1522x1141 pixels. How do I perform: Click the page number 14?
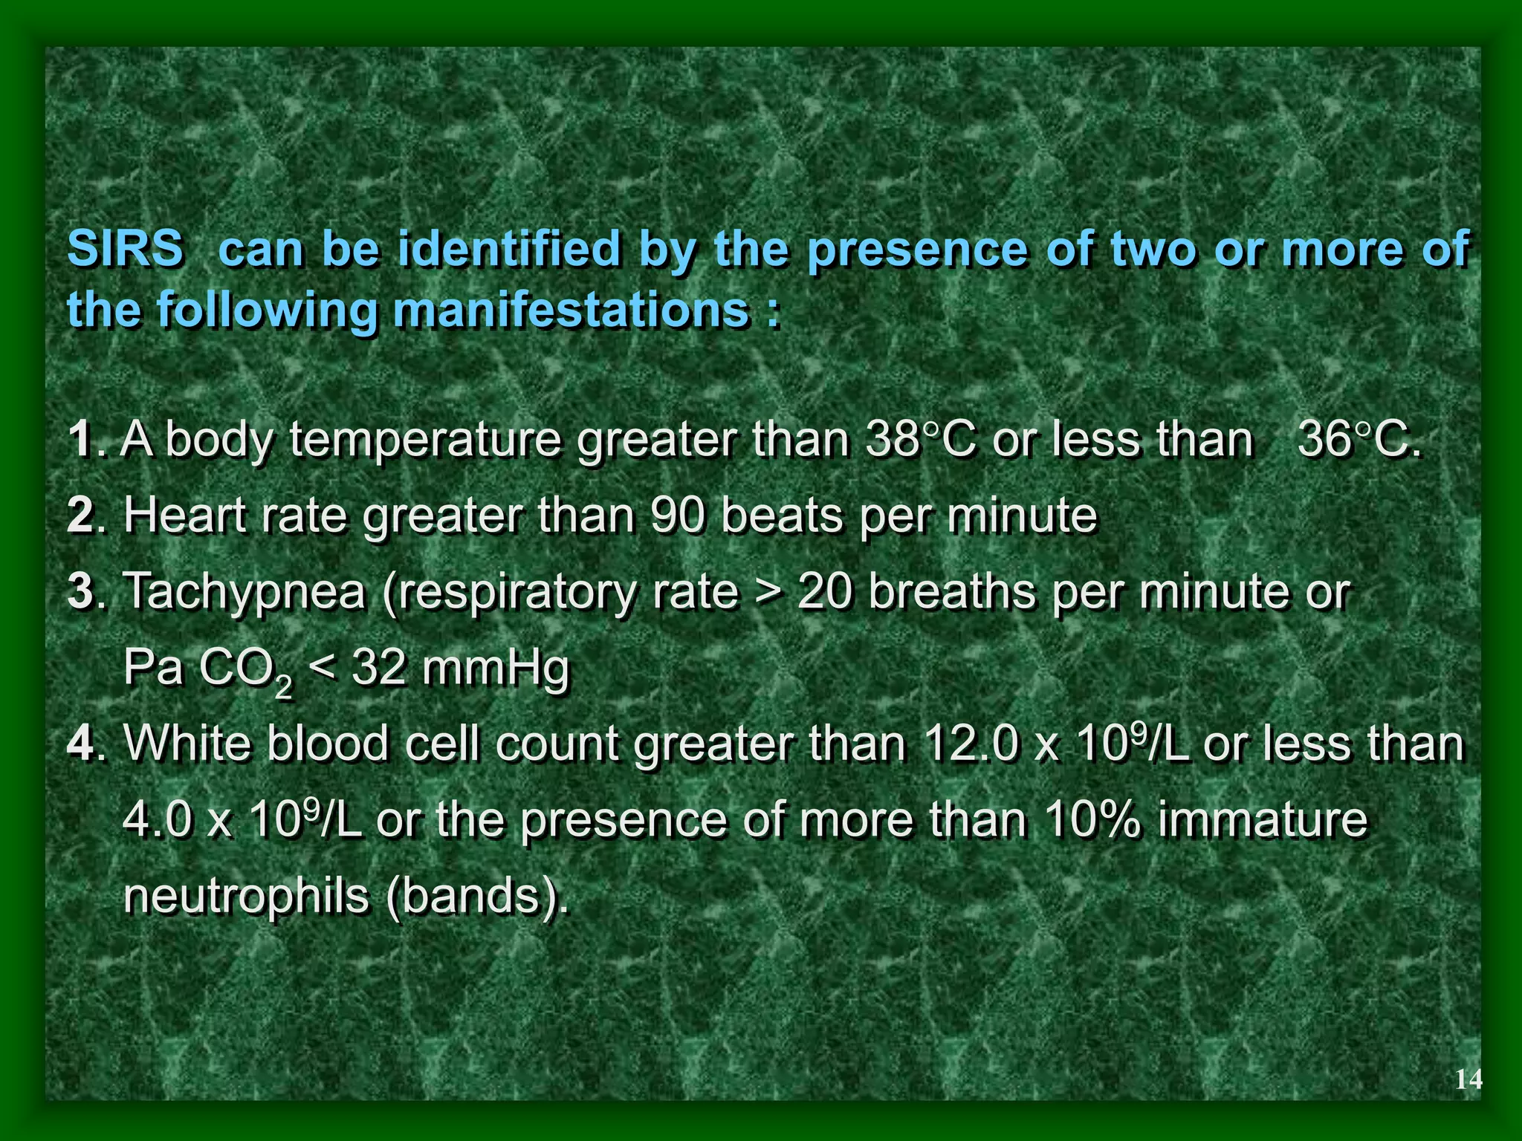[x=1468, y=1079]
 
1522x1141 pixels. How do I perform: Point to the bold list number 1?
[x=79, y=440]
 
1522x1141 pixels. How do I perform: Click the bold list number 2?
[x=80, y=515]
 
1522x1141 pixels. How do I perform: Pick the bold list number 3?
[x=80, y=591]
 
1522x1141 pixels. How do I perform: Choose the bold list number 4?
[x=80, y=743]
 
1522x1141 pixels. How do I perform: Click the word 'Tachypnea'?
[x=244, y=593]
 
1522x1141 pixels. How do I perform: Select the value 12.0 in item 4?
[x=969, y=743]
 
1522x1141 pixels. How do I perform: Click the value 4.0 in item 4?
[x=156, y=819]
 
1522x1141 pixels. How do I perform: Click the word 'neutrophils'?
[x=246, y=896]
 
